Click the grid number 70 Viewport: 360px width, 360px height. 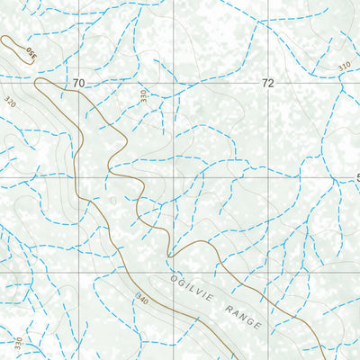point(78,84)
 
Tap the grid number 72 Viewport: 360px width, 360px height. point(267,84)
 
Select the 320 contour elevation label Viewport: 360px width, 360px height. point(11,102)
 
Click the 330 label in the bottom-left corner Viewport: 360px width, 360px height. point(17,345)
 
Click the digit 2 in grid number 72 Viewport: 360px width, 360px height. point(271,84)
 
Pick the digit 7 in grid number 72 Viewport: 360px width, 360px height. point(264,84)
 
